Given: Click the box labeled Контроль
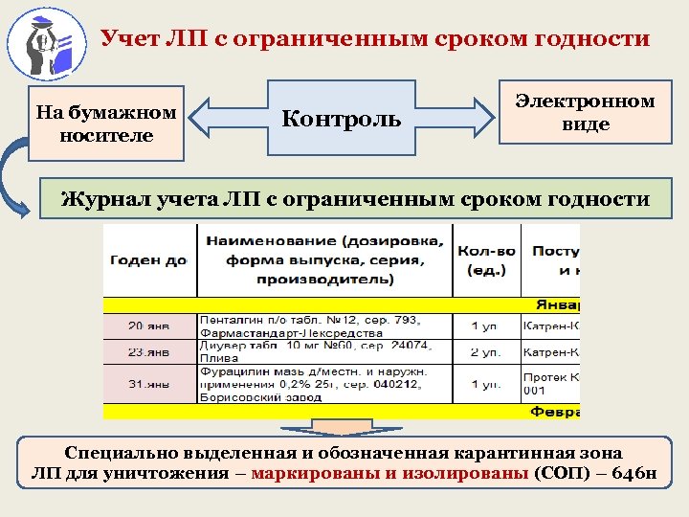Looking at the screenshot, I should pos(341,119).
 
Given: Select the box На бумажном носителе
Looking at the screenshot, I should pos(106,124).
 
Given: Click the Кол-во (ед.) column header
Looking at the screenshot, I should pos(486,259).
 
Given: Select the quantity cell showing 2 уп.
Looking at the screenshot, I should pos(486,350).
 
